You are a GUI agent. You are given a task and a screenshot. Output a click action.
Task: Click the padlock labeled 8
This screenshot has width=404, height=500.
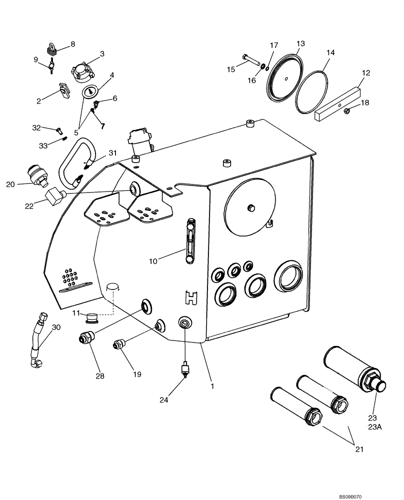[51, 49]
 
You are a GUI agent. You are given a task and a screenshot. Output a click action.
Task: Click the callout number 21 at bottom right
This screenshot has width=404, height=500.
[357, 449]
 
